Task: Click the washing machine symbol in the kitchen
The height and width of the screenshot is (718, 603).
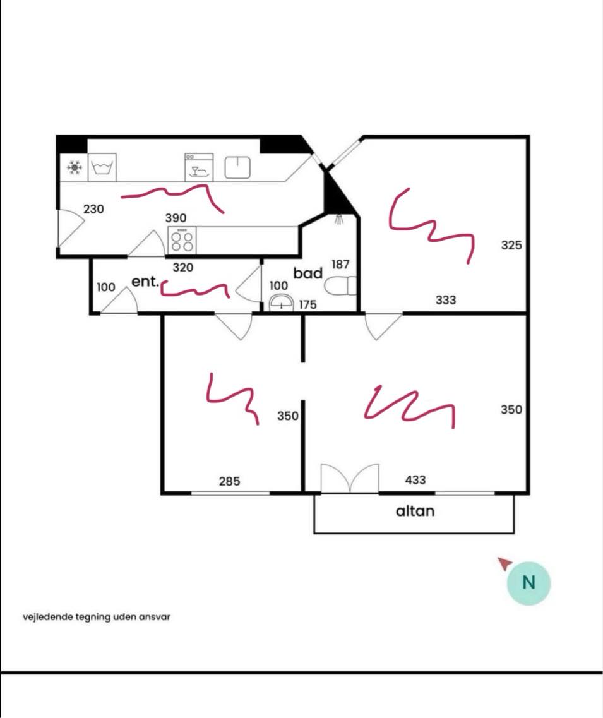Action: point(102,167)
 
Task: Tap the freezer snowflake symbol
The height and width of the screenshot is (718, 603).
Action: point(74,167)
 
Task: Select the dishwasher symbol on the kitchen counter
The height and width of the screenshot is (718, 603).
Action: point(199,167)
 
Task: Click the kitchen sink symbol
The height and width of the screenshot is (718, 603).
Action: point(237,167)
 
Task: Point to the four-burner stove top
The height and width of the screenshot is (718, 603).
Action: point(182,241)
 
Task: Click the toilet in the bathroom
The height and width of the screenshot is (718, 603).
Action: point(340,286)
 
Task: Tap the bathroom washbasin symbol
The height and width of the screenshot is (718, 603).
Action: point(281,302)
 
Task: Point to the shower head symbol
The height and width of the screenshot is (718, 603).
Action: point(338,219)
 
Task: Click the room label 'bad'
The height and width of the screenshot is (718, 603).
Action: point(307,273)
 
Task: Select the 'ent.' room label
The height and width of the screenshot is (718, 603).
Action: point(145,281)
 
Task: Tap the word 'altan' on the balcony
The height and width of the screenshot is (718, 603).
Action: point(415,511)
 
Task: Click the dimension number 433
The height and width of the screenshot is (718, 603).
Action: point(415,480)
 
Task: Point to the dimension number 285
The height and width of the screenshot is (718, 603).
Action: point(229,481)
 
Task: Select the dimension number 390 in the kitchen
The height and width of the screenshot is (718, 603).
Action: point(176,218)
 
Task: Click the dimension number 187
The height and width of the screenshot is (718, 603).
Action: point(340,264)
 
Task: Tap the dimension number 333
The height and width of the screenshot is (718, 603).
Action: point(446,300)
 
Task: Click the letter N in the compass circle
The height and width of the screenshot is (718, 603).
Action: point(529,583)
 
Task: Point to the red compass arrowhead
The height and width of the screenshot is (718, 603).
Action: point(504,563)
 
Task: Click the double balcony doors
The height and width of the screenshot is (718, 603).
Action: point(350,478)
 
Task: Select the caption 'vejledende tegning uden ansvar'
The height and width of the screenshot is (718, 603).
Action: point(97,617)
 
